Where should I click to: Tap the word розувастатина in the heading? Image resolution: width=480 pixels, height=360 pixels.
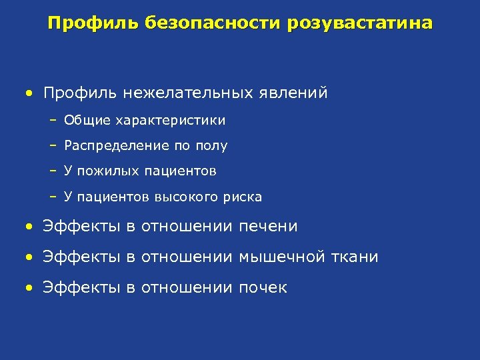pos(361,24)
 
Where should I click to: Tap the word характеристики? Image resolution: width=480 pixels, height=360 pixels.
pos(171,121)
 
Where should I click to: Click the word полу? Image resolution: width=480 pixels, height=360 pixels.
pos(212,146)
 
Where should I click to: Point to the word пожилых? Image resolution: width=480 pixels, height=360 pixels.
pos(107,171)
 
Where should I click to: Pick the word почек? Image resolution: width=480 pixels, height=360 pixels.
pos(263,288)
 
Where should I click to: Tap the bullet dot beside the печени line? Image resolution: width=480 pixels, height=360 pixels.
pos(29,227)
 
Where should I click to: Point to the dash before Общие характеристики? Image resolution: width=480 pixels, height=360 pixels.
pos(53,121)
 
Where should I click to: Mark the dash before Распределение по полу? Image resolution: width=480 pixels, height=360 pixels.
pos(53,146)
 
